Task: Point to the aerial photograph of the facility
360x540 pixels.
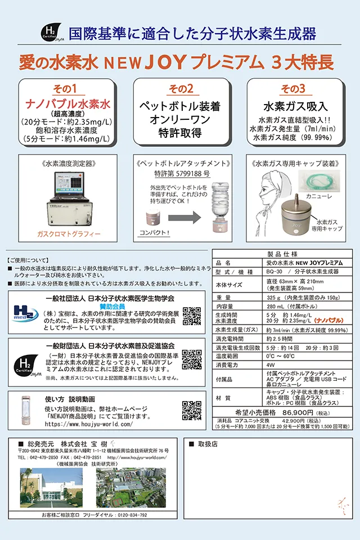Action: click(x=130, y=488)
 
